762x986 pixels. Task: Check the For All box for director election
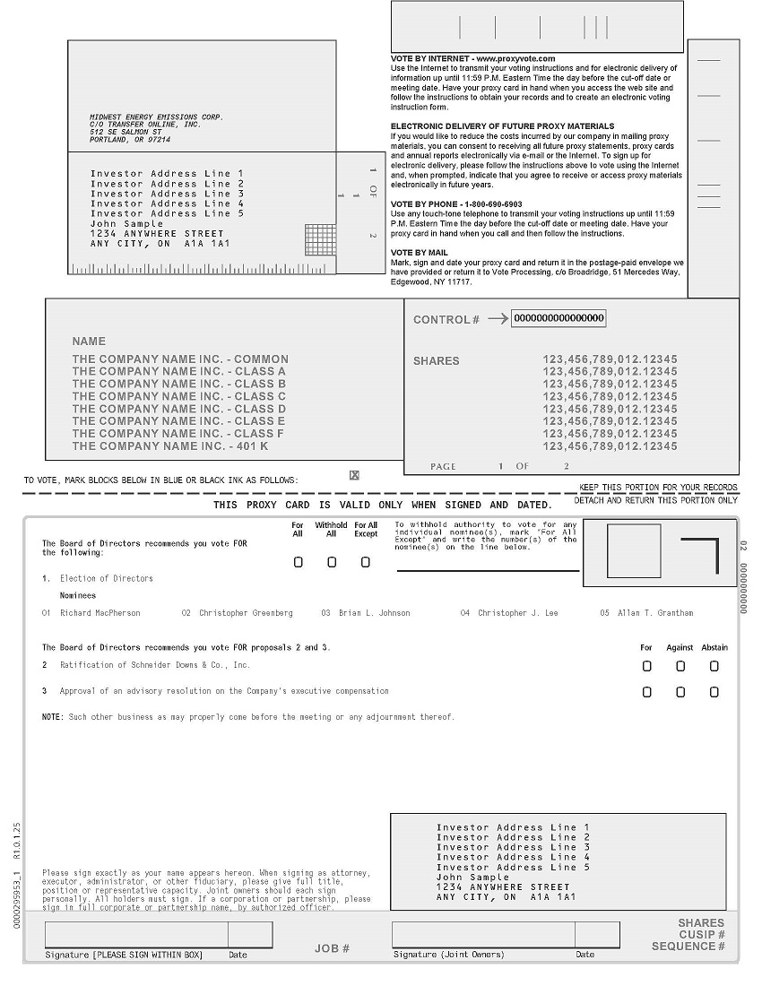tap(299, 562)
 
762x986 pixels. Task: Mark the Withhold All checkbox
tap(332, 562)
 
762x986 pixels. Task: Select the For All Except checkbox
tap(366, 562)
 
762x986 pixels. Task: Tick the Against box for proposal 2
tap(680, 666)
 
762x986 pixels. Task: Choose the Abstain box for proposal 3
tap(714, 692)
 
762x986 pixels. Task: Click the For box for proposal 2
tap(647, 666)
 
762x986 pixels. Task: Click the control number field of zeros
tap(559, 318)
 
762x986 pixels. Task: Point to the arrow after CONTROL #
tap(498, 318)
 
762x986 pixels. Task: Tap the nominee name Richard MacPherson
tap(100, 613)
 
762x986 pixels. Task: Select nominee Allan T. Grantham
tap(654, 613)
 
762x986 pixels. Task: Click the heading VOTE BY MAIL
tap(420, 253)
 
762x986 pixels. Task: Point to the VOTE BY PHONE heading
tap(456, 204)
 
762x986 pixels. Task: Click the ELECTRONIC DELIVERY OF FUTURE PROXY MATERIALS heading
tap(503, 126)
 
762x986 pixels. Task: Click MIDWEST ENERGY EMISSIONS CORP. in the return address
tap(156, 117)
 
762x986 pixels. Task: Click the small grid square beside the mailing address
tap(319, 239)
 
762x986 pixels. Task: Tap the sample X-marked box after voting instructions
tap(354, 475)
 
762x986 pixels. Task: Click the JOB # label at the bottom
tap(332, 948)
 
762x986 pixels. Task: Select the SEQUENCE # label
tap(688, 947)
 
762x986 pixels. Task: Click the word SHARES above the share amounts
tap(436, 361)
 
